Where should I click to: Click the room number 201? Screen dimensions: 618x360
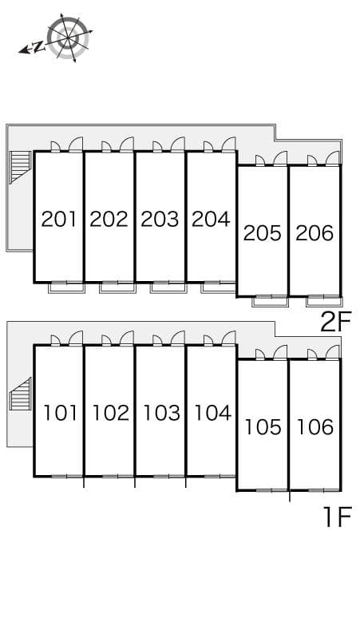pyautogui.click(x=58, y=219)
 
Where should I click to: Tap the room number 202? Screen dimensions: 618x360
pyautogui.click(x=109, y=219)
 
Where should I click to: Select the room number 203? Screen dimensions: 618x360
pyautogui.click(x=160, y=219)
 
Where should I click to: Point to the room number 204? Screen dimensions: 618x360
pyautogui.click(x=211, y=219)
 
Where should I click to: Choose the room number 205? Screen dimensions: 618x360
pyautogui.click(x=263, y=233)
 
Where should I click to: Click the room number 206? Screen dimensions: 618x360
pyautogui.click(x=314, y=233)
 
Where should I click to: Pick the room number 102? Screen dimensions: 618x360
pyautogui.click(x=110, y=413)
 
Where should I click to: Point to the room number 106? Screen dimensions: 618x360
pyautogui.click(x=315, y=427)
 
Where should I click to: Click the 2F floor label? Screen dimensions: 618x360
pyautogui.click(x=335, y=322)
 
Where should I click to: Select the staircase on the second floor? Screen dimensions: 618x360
pyautogui.click(x=19, y=168)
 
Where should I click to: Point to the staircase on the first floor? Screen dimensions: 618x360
pyautogui.click(x=19, y=396)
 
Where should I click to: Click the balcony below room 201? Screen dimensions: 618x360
pyautogui.click(x=66, y=287)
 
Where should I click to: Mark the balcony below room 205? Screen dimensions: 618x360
pyautogui.click(x=271, y=301)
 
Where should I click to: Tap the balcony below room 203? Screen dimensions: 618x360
pyautogui.click(x=168, y=287)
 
